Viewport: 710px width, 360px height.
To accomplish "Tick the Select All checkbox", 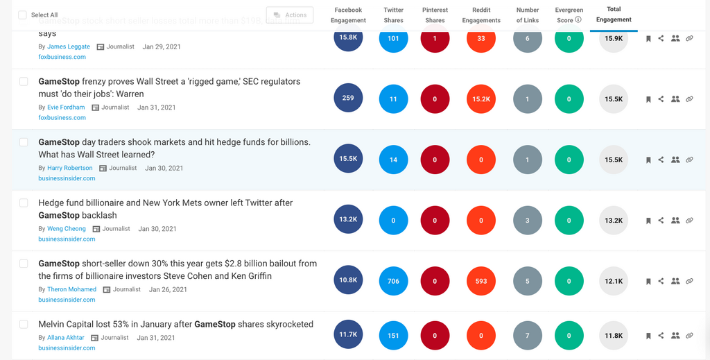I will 22,15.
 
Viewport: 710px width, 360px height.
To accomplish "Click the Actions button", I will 290,15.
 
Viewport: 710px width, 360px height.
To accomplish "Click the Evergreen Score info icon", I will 578,20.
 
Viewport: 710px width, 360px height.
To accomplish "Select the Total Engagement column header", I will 614,15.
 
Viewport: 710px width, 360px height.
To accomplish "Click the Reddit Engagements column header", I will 481,15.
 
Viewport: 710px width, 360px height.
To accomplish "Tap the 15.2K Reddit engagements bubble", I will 481,99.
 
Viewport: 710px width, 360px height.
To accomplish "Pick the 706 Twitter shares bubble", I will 393,281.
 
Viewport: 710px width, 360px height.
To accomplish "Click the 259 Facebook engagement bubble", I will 348,98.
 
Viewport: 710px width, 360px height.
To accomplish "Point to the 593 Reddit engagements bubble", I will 481,281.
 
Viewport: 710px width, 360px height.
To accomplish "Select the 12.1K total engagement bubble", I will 614,281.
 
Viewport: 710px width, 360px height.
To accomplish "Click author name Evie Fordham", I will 66,108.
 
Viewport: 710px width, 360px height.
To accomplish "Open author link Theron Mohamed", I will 72,289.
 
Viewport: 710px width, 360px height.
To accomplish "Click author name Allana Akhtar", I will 66,338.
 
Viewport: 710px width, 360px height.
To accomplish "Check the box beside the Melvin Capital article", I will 24,324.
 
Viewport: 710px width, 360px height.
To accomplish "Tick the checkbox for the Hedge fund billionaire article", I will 24,203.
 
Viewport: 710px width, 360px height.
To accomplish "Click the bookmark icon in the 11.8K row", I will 648,336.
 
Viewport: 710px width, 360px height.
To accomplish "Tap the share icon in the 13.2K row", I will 661,221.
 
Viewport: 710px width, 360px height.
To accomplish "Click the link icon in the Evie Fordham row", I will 689,99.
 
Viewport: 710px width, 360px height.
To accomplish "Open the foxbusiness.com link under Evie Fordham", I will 62,118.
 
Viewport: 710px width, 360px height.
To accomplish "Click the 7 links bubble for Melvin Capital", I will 528,336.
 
